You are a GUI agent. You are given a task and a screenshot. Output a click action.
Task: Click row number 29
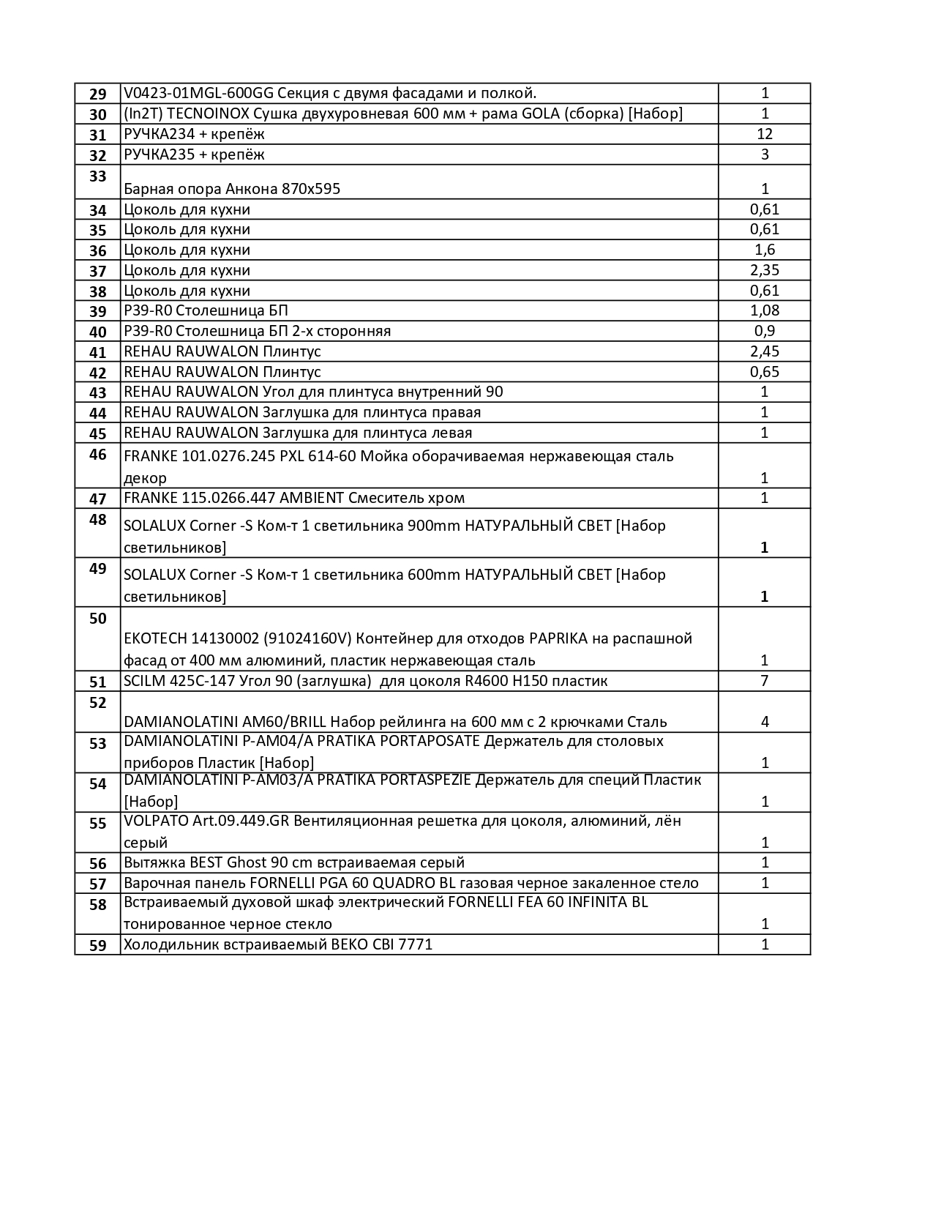pos(97,94)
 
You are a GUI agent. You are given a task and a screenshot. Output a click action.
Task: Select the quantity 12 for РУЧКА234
pos(765,134)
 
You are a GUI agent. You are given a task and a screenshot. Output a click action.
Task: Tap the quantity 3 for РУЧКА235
pos(765,154)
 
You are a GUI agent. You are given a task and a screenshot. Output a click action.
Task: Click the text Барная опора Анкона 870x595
pos(232,189)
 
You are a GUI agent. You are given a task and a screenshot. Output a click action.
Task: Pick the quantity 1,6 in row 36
pos(765,250)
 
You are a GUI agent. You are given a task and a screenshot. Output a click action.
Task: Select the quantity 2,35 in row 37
pos(765,270)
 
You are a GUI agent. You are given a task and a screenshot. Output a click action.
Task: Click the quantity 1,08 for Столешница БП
pos(765,310)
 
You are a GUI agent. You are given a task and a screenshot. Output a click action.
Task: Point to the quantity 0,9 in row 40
pos(765,331)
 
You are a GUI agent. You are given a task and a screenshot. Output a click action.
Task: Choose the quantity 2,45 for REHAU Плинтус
pos(765,351)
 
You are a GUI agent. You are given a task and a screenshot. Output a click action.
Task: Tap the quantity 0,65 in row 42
pos(765,372)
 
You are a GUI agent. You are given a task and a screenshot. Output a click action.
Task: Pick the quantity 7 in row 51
pos(765,681)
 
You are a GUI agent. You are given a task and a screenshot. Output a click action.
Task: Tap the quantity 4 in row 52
pos(765,722)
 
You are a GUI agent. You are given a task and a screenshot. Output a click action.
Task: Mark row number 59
pos(97,945)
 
